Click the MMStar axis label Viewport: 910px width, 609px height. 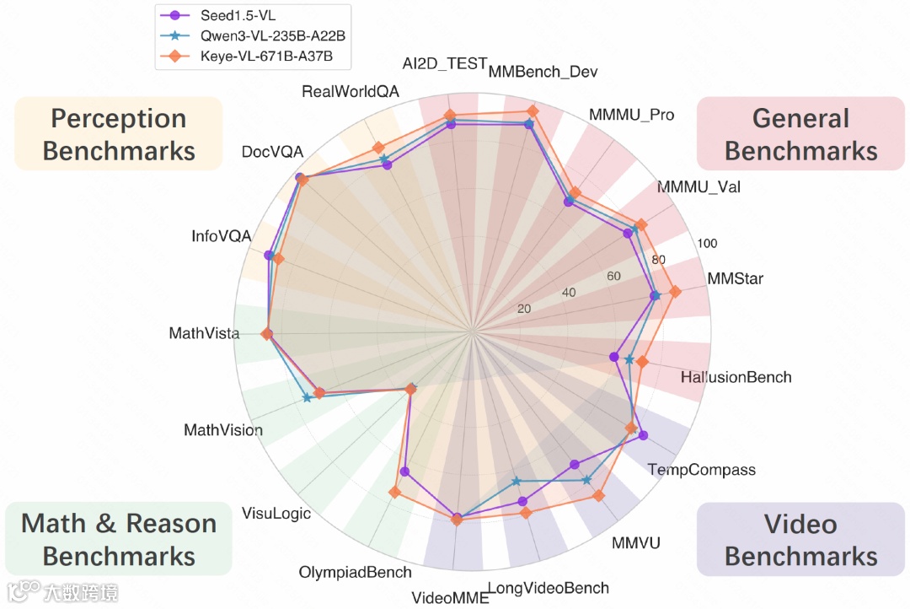pos(735,278)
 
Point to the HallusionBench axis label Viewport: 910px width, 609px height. pos(736,377)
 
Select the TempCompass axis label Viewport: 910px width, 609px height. pos(701,470)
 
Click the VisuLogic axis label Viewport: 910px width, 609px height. pos(276,513)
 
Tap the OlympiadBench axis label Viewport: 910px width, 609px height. pos(355,572)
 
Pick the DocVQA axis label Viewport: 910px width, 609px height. pos(270,152)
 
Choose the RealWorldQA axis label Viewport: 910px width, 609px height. pos(351,91)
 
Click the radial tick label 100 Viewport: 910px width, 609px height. pos(707,244)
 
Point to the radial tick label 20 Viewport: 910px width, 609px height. pos(524,309)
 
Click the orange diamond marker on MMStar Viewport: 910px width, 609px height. pos(675,291)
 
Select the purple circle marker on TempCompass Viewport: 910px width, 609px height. pos(644,435)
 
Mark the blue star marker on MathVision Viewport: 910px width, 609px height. pos(308,398)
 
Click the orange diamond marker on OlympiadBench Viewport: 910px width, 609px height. pos(393,493)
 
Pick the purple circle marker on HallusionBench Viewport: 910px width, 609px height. pos(614,356)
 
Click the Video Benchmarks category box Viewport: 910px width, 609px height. pos(800,540)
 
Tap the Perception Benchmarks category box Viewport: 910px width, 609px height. pos(119,134)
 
